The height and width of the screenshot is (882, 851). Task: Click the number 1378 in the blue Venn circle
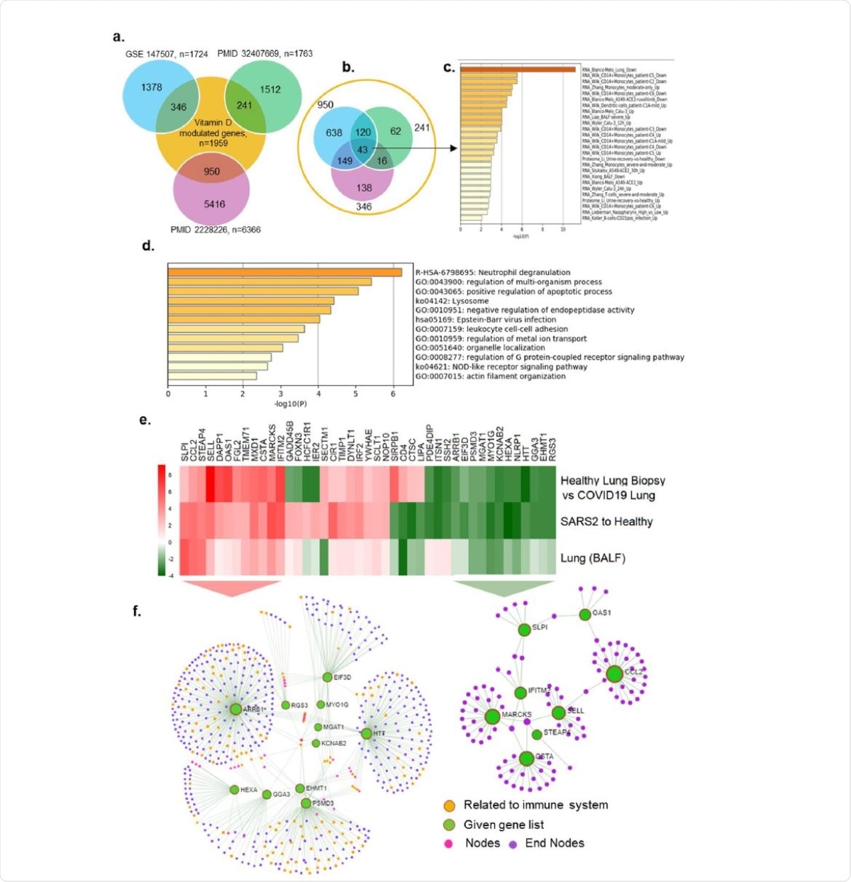[x=151, y=87]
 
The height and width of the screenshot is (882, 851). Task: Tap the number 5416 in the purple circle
[x=214, y=203]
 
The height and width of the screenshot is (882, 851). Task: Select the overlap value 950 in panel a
[x=211, y=171]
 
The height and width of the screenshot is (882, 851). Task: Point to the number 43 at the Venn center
[x=362, y=150]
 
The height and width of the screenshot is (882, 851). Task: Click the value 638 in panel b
[x=334, y=133]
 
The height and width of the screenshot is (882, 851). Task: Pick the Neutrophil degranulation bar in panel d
[x=284, y=272]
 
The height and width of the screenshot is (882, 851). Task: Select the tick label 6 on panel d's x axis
[x=394, y=393]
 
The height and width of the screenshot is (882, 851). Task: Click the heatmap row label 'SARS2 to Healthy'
[x=606, y=522]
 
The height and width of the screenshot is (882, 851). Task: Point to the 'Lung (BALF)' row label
[x=593, y=558]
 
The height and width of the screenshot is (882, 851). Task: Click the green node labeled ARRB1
[x=235, y=708]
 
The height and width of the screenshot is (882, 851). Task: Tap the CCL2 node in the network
[x=614, y=674]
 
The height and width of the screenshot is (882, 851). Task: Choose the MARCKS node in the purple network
[x=492, y=717]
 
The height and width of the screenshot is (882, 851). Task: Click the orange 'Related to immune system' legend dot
[x=449, y=806]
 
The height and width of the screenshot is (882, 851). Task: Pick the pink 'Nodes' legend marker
[x=448, y=844]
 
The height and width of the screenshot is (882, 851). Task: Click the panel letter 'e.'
[x=145, y=420]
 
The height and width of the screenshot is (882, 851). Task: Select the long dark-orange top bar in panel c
[x=518, y=69]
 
